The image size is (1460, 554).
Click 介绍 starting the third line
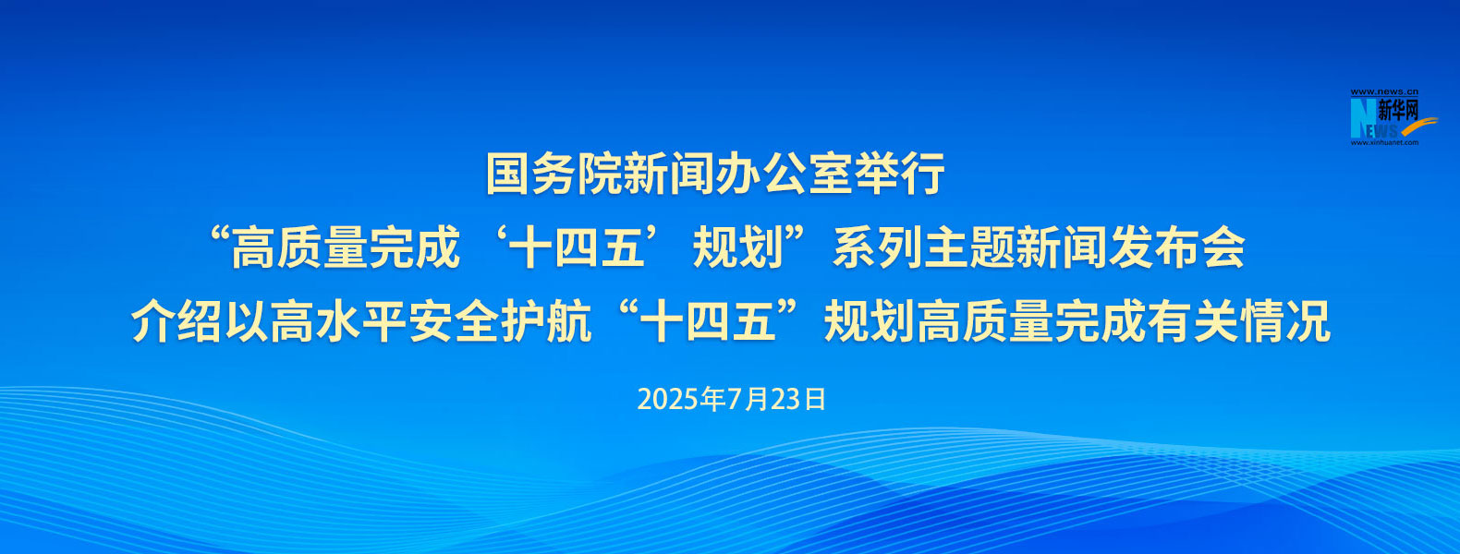176,321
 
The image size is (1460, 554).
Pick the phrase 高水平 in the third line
339,321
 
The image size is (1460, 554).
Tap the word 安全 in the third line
455,321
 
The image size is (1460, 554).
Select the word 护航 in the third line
546,321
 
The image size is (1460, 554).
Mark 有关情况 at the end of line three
1238,321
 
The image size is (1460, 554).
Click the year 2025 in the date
668,399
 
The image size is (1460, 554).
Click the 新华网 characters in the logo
1398,111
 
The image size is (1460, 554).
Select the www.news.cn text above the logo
1384,92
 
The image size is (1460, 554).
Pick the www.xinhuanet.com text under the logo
1384,142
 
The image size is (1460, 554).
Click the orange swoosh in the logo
1415,126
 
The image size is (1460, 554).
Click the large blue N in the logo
1362,118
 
